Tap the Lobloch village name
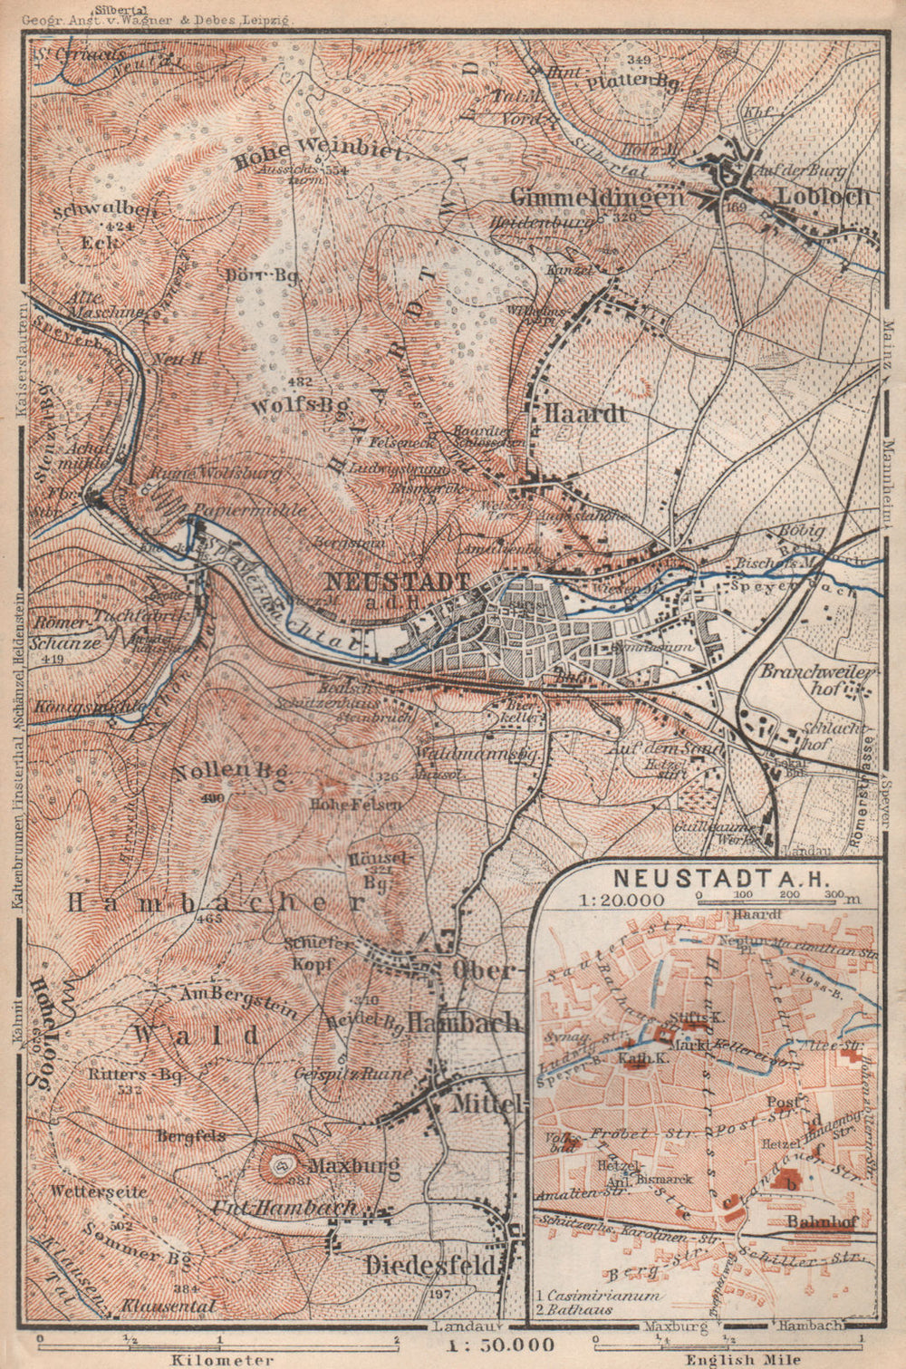point(828,197)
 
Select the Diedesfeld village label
point(431,1265)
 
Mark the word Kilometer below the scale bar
point(221,1359)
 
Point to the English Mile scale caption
point(730,1359)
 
